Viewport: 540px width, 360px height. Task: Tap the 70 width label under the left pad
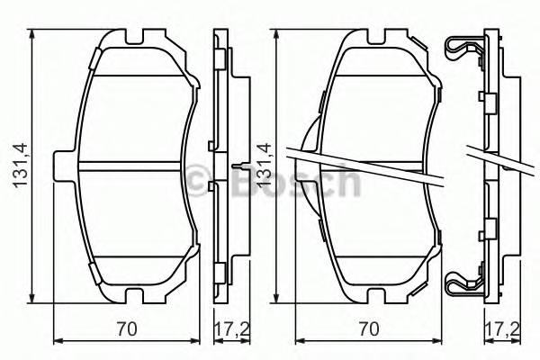point(131,329)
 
